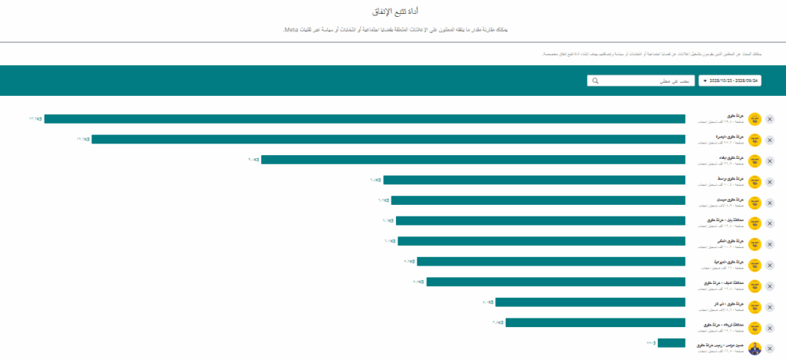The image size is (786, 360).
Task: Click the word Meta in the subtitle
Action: [x=290, y=29]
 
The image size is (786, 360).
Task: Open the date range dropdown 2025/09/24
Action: [x=730, y=81]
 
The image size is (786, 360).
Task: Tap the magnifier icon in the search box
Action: [x=595, y=81]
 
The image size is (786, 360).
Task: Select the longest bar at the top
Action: [x=365, y=119]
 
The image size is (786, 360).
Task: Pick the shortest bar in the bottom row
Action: [x=671, y=343]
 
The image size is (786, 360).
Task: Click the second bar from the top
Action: [x=388, y=139]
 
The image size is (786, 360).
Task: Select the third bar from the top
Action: [x=473, y=160]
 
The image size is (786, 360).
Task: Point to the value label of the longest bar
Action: [x=35, y=119]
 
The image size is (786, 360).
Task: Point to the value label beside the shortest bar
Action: [x=652, y=343]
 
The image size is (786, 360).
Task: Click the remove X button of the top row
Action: [x=770, y=119]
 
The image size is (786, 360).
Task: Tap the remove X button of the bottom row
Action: [x=770, y=348]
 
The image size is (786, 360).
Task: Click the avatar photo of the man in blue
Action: [x=755, y=348]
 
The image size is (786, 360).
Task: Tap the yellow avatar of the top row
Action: [x=755, y=119]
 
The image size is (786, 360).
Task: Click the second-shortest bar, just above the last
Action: [x=595, y=322]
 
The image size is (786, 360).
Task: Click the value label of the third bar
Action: [x=254, y=160]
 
